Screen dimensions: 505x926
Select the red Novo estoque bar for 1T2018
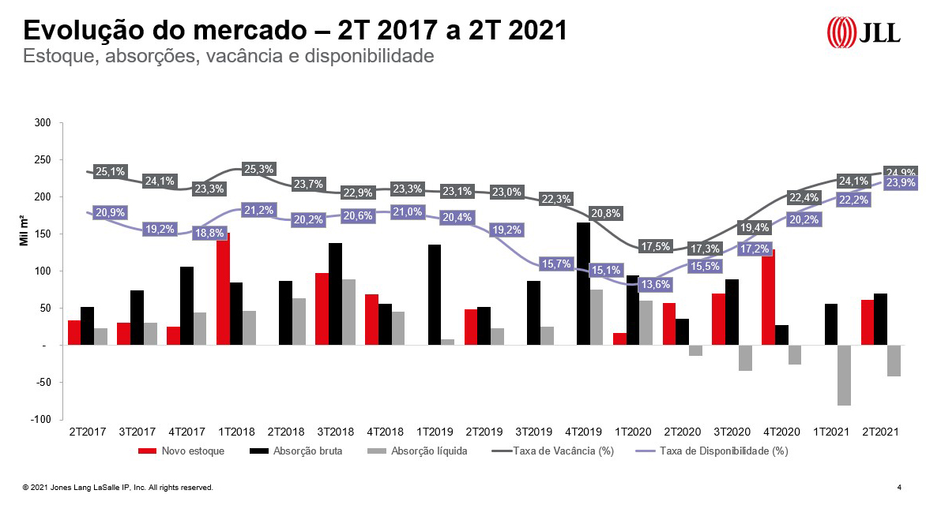(224, 292)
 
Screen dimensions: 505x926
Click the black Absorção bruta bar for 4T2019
(583, 283)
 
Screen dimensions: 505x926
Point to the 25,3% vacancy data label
(259, 169)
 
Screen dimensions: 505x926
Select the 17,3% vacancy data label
(706, 249)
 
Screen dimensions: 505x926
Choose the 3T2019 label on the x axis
(533, 432)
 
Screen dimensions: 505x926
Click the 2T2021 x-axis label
(879, 432)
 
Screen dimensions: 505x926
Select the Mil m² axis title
(24, 234)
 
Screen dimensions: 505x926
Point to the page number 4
(899, 488)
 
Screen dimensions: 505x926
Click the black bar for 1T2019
(435, 294)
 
